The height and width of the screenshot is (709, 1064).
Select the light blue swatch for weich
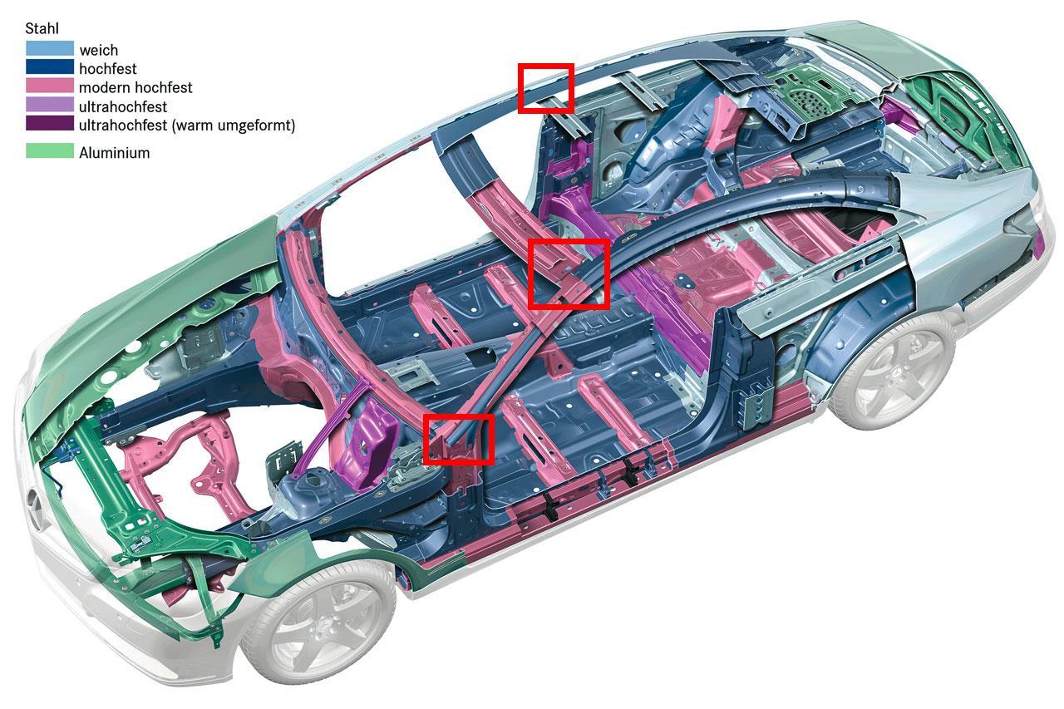(x=49, y=49)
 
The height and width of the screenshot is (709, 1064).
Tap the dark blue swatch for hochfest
(x=49, y=68)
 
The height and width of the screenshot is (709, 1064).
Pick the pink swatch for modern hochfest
(x=49, y=87)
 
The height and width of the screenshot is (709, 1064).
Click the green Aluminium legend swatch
(x=49, y=152)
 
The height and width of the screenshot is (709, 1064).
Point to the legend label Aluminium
(x=115, y=153)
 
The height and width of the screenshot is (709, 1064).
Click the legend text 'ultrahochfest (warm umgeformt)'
(x=187, y=126)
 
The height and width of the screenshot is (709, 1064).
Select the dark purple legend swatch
(x=49, y=126)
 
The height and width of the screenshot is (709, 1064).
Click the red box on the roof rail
(x=546, y=88)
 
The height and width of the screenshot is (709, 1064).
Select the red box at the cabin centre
(x=569, y=273)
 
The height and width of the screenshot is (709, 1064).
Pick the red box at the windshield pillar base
(x=459, y=439)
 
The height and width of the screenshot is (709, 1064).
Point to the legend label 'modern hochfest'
(x=135, y=87)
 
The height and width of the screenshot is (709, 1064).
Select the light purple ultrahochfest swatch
(x=49, y=106)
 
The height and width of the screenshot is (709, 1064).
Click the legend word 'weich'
(x=99, y=50)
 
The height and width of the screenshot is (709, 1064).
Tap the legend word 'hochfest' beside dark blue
(x=108, y=68)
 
